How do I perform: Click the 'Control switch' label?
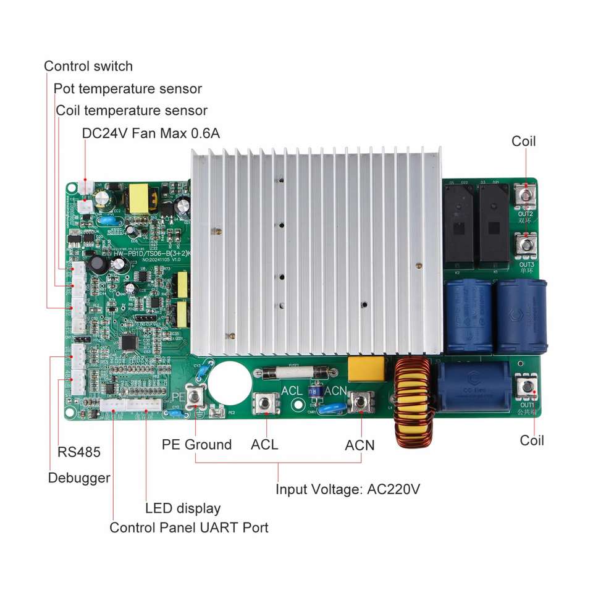coord(88,66)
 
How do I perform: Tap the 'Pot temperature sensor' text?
coord(128,89)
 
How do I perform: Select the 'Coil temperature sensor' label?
coord(132,111)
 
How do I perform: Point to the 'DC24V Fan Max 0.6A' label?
coord(151,133)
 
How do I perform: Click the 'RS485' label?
coord(78,452)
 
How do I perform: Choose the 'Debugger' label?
coord(79,477)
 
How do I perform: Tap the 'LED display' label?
coord(183,509)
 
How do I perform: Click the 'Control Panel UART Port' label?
coord(189,528)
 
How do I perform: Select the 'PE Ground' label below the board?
coord(196,444)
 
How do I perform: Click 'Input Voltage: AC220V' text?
coord(348,490)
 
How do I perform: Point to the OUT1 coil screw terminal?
coord(527,388)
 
